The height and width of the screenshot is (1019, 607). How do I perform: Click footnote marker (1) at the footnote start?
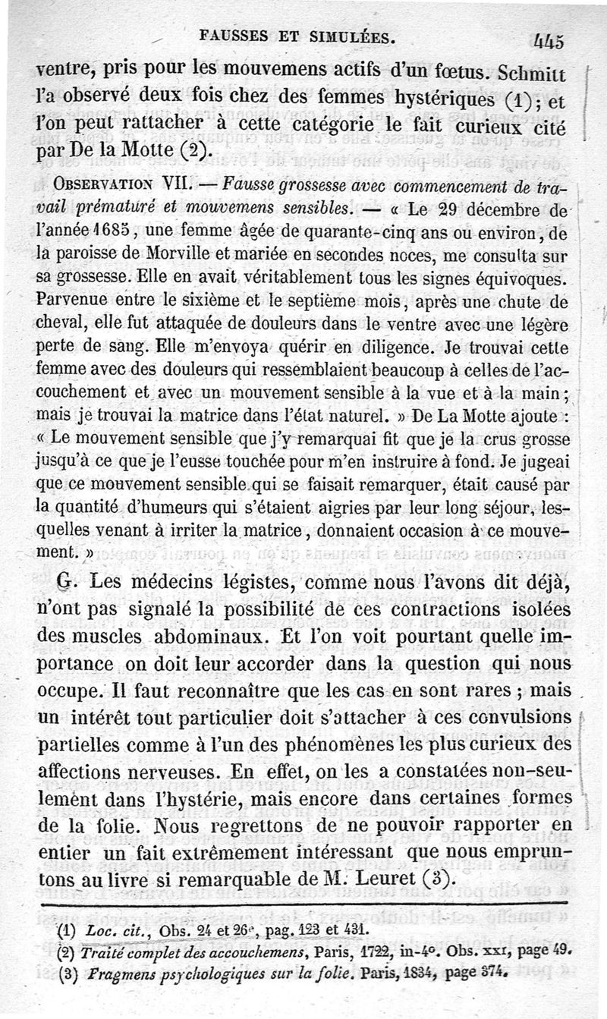(70, 929)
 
